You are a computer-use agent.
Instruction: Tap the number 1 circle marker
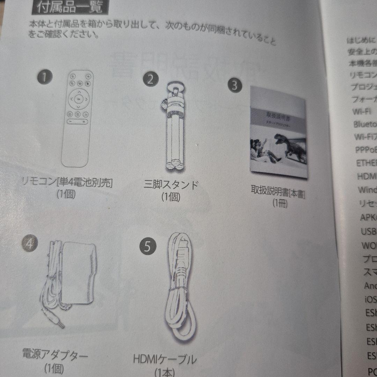[44, 77]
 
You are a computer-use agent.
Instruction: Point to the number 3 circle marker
[235, 85]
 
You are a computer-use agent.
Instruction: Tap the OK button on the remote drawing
[79, 99]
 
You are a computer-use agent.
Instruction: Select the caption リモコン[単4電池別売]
[67, 182]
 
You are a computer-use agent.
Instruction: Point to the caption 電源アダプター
[55, 356]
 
